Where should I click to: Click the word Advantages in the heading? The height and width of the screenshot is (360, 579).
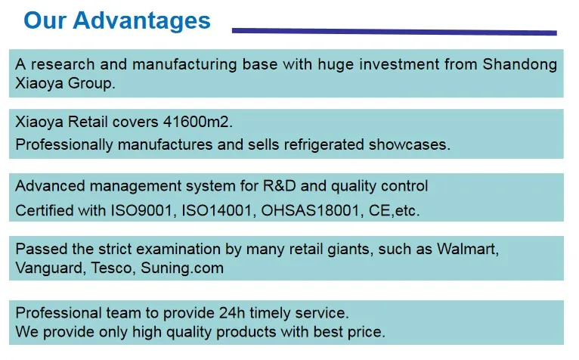[x=141, y=21]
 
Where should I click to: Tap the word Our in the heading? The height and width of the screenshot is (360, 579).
[x=45, y=20]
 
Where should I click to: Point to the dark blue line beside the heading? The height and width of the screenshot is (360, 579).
[x=395, y=32]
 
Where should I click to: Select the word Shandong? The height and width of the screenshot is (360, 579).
[x=520, y=65]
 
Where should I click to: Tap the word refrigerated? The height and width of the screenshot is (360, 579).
[x=324, y=145]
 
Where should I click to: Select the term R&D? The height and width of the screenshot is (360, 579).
[x=280, y=186]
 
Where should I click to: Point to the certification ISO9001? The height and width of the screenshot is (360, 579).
[x=141, y=211]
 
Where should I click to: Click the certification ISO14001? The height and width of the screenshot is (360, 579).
[x=216, y=211]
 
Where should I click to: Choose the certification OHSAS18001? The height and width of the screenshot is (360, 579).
[x=310, y=211]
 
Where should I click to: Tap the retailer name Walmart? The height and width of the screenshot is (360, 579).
[x=467, y=250]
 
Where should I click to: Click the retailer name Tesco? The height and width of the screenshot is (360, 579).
[x=111, y=268]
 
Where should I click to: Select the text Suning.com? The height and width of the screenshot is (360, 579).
[x=182, y=268]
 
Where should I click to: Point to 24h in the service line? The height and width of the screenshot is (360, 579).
[x=232, y=313]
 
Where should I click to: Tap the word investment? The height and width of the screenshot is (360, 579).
[x=400, y=65]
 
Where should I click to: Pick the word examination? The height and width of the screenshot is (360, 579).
[x=178, y=250]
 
